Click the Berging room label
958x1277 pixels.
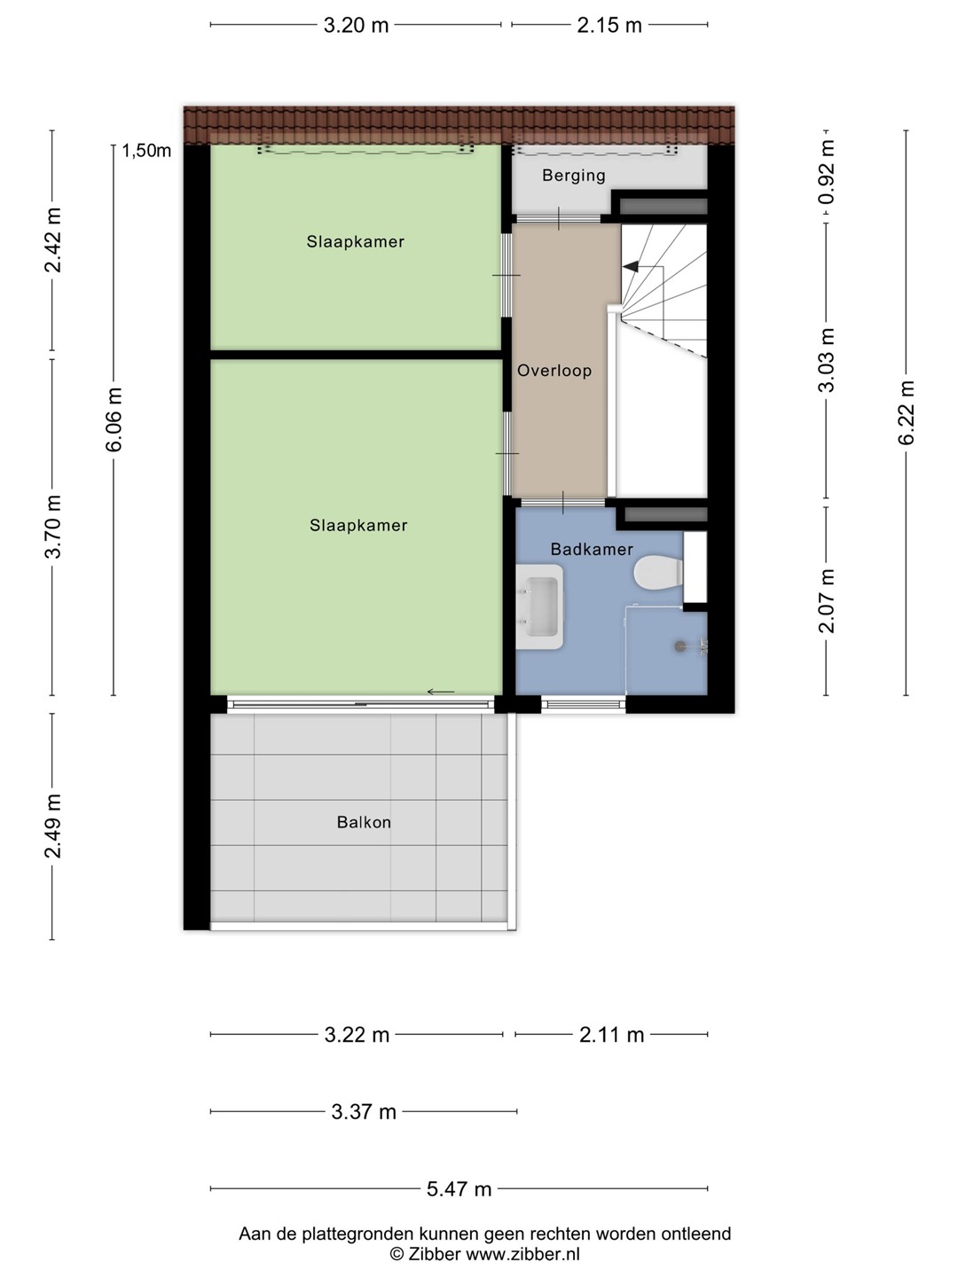coord(574,175)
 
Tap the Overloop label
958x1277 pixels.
coord(554,371)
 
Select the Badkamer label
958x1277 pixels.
coord(592,549)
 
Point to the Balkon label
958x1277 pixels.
coord(364,822)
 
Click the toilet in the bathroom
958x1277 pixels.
coord(658,573)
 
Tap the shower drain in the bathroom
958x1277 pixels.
coord(679,646)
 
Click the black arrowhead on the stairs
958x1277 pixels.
coord(630,266)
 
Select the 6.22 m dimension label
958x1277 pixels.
coord(907,412)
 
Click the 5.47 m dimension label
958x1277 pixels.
coord(459,1189)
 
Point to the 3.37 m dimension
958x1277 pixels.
coord(364,1112)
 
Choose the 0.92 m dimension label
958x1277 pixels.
coord(826,172)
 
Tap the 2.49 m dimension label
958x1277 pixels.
coord(53,826)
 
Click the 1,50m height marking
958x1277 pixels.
coord(146,151)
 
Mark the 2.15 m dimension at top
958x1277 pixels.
coord(609,25)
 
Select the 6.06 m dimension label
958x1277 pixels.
coord(114,419)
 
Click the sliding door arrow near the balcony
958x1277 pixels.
coord(441,692)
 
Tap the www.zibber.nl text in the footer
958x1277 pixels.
coord(523,1254)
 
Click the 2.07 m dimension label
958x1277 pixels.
coord(826,601)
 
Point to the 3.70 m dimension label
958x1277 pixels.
coord(53,527)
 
